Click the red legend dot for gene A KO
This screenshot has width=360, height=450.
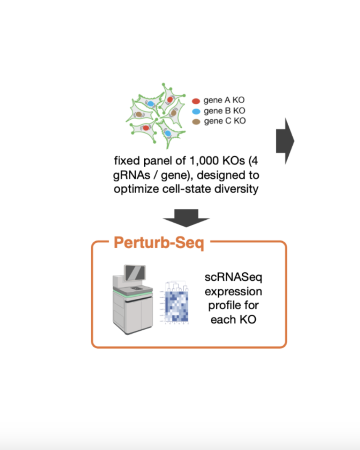click(x=196, y=101)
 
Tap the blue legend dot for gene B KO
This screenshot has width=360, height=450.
click(x=196, y=111)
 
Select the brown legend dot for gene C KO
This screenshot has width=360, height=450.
click(x=196, y=121)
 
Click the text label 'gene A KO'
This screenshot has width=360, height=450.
click(x=224, y=100)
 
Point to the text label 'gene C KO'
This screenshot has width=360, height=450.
click(x=224, y=121)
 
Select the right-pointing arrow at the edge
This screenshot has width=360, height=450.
click(x=285, y=141)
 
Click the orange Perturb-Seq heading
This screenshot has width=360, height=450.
click(x=159, y=243)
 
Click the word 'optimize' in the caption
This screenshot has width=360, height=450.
click(x=135, y=189)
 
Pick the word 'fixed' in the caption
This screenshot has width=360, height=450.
click(x=126, y=161)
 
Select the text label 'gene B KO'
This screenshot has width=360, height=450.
click(x=224, y=111)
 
